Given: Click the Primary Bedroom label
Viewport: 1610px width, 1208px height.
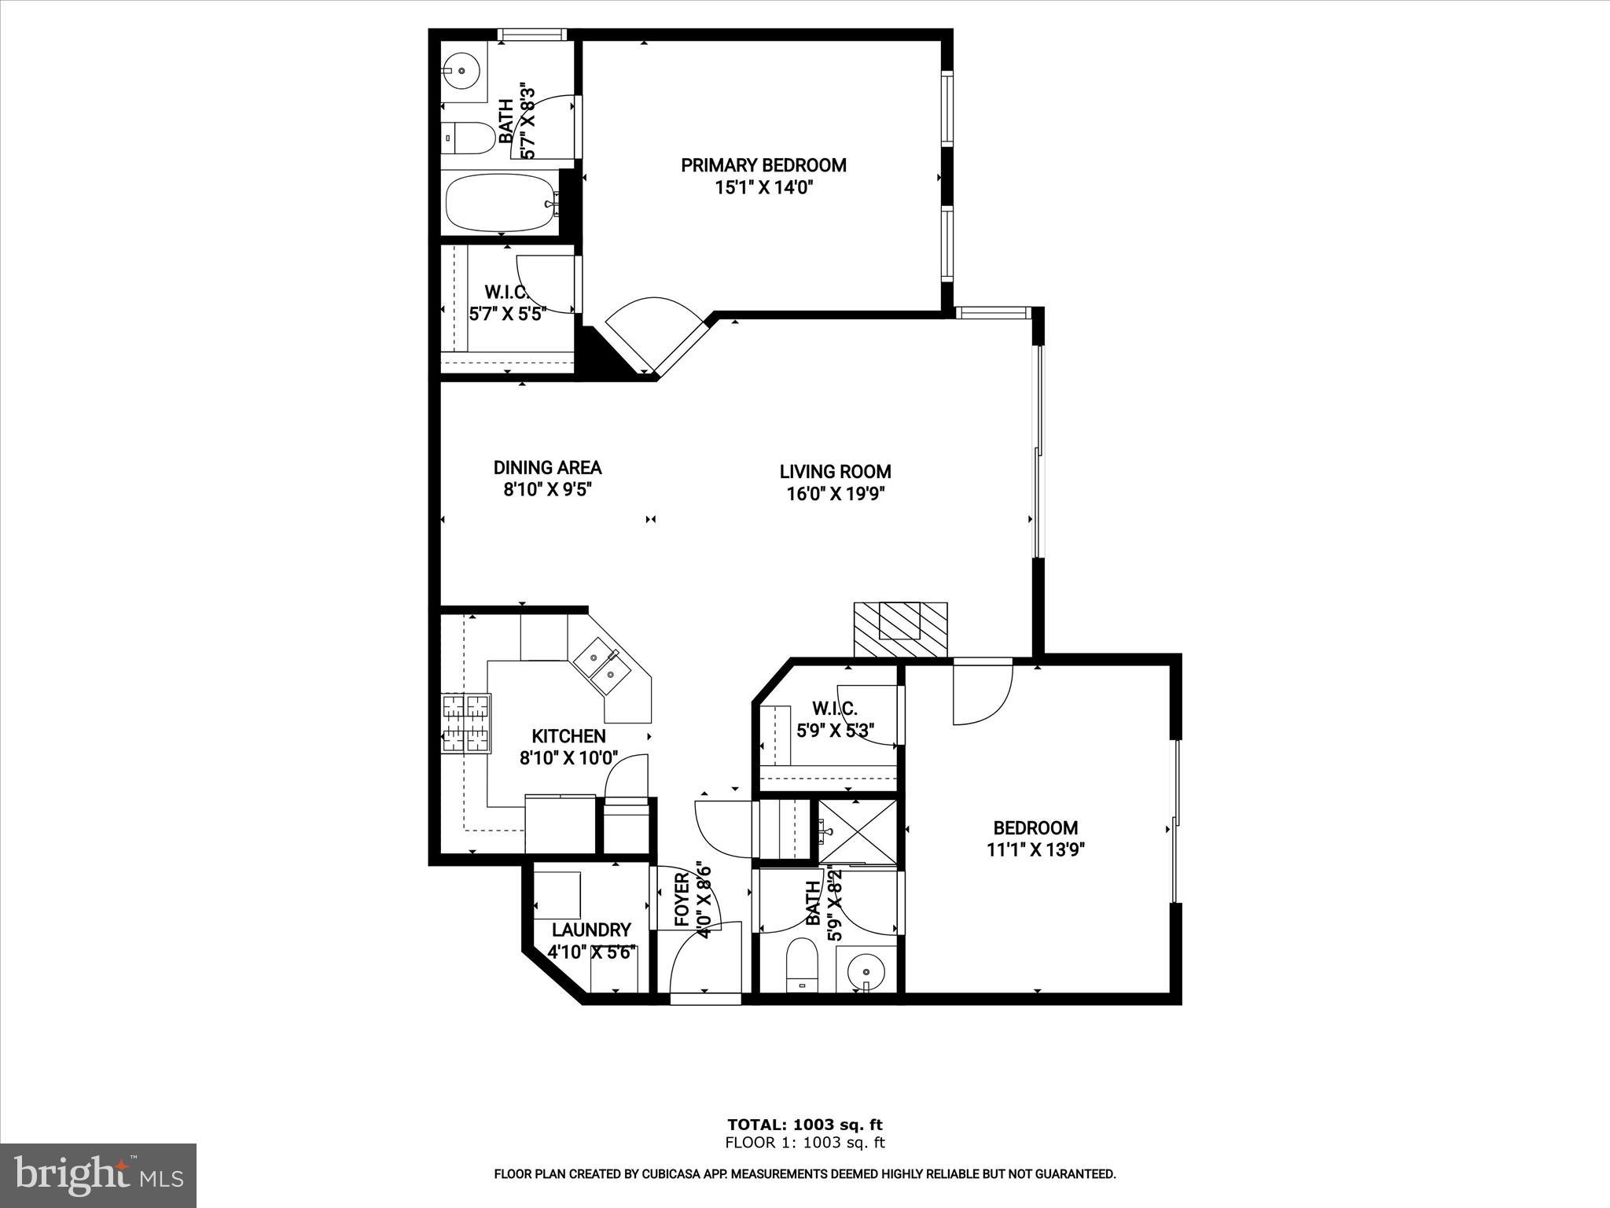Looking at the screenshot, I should coord(763,165).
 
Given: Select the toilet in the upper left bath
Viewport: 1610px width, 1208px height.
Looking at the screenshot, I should coord(469,138).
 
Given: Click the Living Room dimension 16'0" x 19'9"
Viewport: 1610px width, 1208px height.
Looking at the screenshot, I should coord(835,494).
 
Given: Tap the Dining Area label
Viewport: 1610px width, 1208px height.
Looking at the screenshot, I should coord(547,467).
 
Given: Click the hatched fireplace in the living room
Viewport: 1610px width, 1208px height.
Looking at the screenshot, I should coord(900,629).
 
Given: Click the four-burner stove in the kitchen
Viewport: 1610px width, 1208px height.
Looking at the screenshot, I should coord(466,724).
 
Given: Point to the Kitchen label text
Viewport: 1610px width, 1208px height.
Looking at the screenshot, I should coord(568,736).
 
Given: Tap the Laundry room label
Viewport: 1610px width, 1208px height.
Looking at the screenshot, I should coord(591,930).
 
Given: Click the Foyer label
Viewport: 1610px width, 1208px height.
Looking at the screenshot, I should coord(682,899).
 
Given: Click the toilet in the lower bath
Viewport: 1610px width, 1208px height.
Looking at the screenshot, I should coord(802,964).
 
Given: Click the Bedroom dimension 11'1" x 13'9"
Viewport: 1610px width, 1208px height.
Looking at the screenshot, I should coord(1035,849).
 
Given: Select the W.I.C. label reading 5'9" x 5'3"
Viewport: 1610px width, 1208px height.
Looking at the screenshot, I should coord(835,730).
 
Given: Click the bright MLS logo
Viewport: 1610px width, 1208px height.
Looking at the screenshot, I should coord(98,1173).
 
